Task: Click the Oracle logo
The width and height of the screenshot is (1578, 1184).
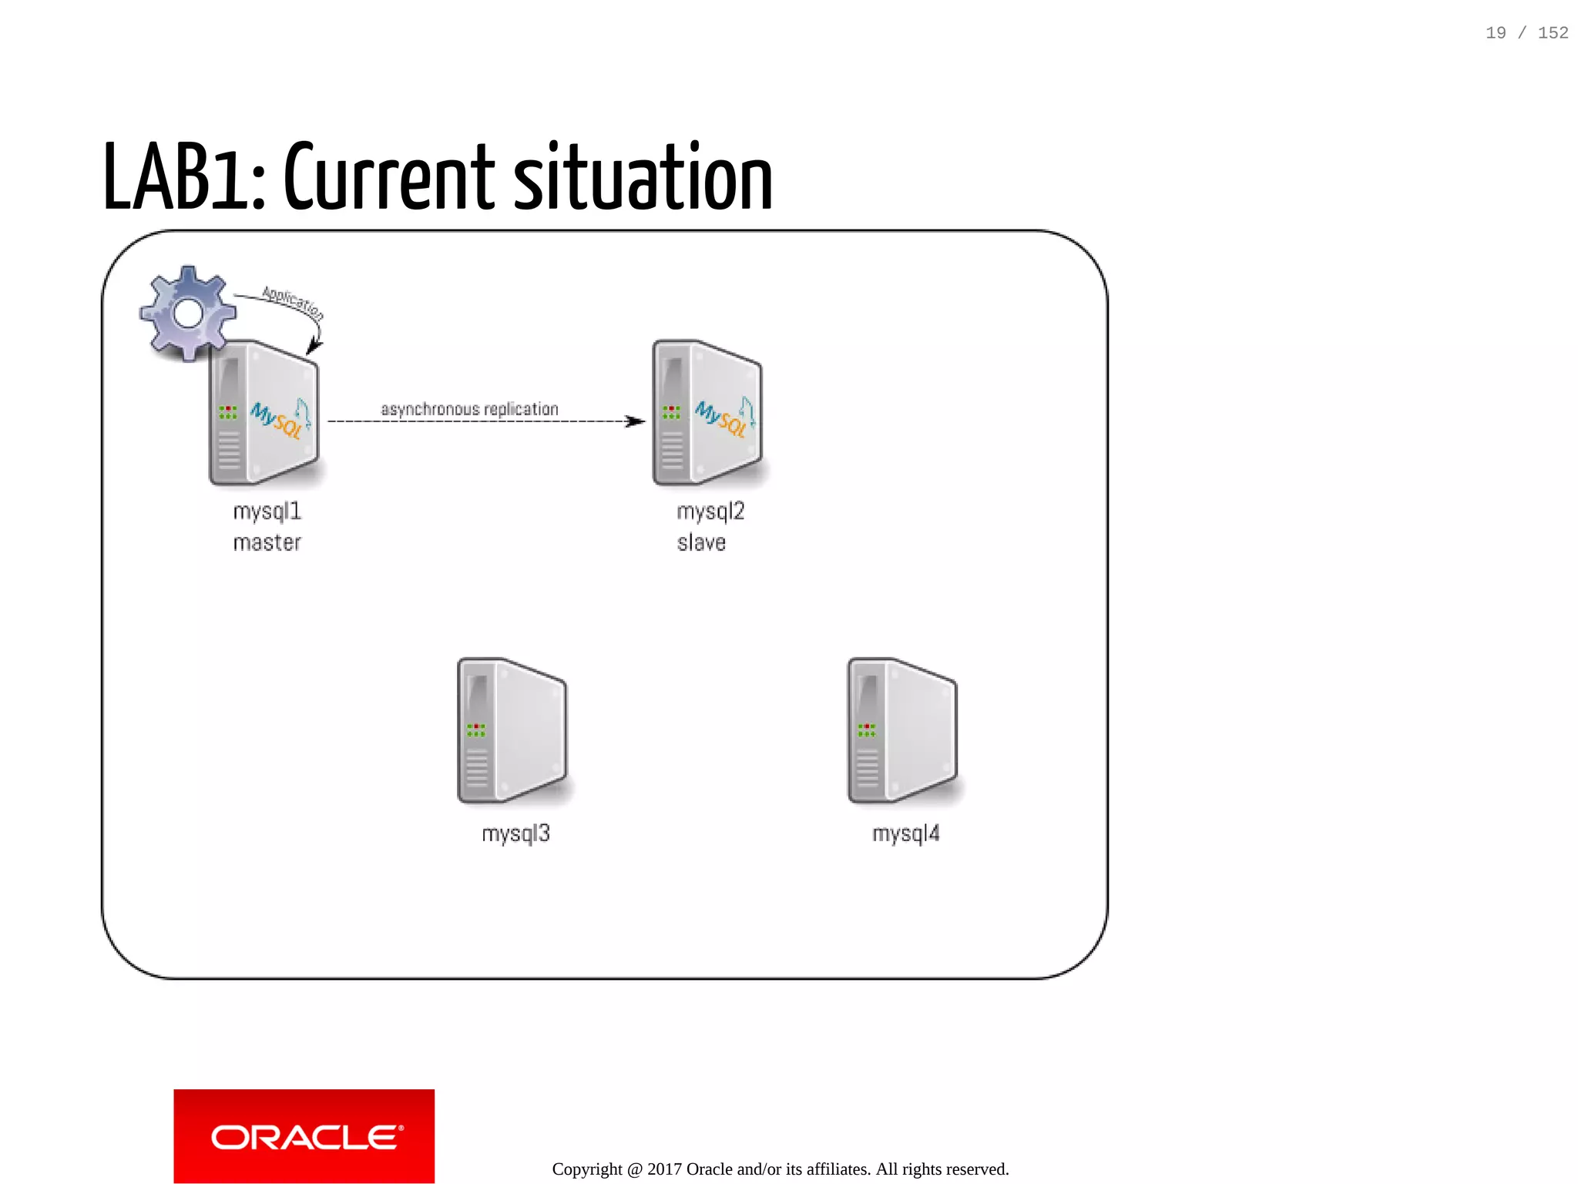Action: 304,1136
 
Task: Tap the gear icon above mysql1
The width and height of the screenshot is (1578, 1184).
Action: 188,314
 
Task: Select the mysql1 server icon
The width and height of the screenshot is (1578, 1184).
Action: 264,413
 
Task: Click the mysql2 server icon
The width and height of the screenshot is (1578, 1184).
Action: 707,413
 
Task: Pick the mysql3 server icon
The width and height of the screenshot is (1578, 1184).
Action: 512,730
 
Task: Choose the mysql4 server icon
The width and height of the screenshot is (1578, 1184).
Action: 902,730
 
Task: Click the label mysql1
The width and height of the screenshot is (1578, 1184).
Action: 267,512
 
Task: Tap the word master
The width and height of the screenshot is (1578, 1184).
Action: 267,543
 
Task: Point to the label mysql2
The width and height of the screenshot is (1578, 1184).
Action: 710,512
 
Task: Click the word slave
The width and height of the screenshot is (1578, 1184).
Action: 701,543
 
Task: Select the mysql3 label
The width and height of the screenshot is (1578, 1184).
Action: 515,833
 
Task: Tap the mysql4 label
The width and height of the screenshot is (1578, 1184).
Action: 906,833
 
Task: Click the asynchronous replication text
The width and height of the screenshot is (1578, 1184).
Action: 469,409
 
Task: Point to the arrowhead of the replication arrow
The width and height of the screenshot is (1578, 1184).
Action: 637,421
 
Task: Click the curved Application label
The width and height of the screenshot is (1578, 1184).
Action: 293,302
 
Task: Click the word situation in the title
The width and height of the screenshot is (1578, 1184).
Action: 643,179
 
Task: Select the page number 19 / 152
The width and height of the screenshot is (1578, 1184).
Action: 1526,33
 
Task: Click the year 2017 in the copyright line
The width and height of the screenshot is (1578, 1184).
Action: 664,1169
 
